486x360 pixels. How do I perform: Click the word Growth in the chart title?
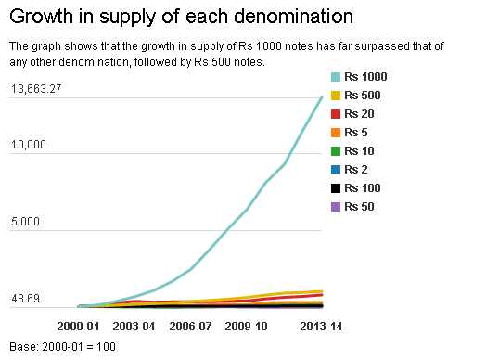point(41,16)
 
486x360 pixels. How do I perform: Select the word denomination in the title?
point(293,16)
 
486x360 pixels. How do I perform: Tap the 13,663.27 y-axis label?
point(36,89)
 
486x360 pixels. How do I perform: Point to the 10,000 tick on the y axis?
point(29,145)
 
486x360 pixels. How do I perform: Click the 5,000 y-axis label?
point(25,222)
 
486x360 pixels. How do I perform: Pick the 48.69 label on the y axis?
point(25,298)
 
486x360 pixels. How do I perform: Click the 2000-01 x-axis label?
point(78,327)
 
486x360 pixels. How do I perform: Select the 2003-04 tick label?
point(134,327)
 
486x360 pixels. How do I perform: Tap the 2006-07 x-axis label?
point(190,327)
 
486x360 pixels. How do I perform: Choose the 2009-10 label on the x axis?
point(246,327)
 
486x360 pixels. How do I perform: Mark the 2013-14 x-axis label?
point(321,327)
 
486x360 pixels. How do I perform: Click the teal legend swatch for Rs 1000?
point(336,77)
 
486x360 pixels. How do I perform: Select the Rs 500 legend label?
point(363,96)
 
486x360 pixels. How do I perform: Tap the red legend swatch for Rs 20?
point(336,114)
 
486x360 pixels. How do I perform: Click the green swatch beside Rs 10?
point(336,151)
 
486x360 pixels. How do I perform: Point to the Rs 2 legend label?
point(356,170)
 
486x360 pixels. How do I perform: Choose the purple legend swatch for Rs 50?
point(336,207)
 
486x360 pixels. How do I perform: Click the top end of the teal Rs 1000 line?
point(322,97)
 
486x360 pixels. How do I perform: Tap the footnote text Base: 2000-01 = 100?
point(63,347)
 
